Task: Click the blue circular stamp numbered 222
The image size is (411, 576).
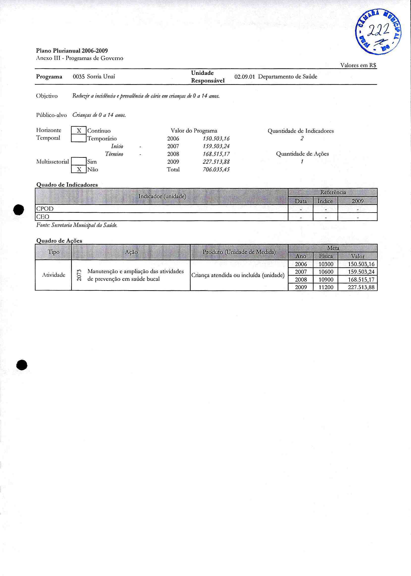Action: click(378, 31)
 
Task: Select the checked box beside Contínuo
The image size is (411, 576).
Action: click(79, 131)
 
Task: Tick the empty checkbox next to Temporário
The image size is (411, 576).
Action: click(79, 139)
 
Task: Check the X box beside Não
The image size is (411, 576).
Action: click(79, 169)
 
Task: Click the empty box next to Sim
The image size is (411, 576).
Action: click(79, 162)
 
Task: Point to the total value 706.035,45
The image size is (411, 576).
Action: click(216, 169)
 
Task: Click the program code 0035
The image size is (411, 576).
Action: click(79, 77)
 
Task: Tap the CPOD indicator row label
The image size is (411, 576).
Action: click(45, 209)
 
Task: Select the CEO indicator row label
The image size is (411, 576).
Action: click(43, 217)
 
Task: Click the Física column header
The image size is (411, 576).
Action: click(326, 256)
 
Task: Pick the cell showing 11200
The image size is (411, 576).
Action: click(326, 287)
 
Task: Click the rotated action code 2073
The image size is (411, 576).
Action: click(79, 275)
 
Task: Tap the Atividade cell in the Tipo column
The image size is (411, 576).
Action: click(54, 275)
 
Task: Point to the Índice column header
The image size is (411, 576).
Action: click(326, 201)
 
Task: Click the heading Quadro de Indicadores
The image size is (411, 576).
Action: click(67, 185)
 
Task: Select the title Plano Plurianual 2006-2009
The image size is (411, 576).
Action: click(72, 50)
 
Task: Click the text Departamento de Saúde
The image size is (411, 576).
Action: click(288, 77)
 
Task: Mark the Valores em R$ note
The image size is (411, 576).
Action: click(358, 65)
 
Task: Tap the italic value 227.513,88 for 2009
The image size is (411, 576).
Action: click(216, 162)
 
